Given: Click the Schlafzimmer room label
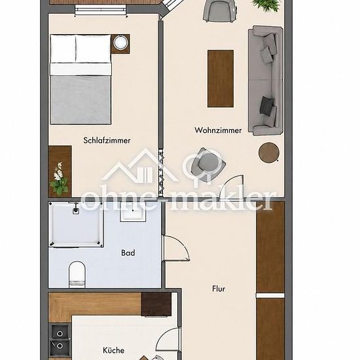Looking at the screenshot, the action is point(107,140).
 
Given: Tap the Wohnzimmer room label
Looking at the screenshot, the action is point(218,130).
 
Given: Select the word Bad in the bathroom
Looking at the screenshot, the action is point(128,253).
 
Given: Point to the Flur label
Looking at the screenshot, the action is point(219,289).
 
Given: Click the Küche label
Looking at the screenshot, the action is point(114,350).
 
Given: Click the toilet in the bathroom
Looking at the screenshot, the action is point(77,274).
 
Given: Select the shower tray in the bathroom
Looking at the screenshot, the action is point(76,224).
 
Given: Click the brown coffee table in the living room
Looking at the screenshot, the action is point(221,79).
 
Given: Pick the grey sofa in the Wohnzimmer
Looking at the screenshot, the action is point(266,81).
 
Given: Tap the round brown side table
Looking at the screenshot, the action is point(269,153).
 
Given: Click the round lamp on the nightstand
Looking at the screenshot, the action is point(120,43).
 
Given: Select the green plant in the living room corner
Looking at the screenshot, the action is point(266,5).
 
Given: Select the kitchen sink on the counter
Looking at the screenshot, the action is point(60,340).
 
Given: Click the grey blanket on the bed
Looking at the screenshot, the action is point(81,99).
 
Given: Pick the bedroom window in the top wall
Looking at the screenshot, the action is point(101,10).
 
